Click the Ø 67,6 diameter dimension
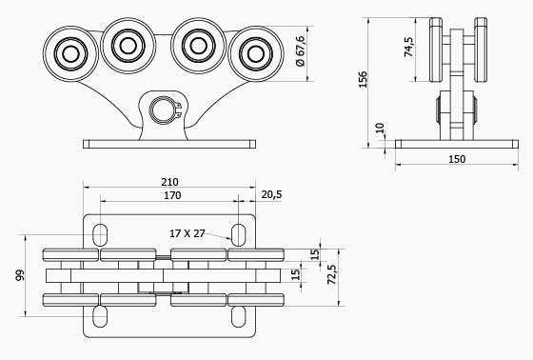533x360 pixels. (301, 51)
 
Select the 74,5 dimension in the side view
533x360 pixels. (409, 47)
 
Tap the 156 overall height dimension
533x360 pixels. (363, 79)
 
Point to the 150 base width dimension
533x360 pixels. (457, 159)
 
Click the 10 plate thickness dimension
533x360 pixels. (381, 128)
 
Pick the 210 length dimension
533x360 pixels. (169, 182)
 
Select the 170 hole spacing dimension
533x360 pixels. (172, 195)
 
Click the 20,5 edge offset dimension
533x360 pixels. (271, 194)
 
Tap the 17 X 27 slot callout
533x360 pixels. (188, 233)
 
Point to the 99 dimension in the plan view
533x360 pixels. (20, 275)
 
